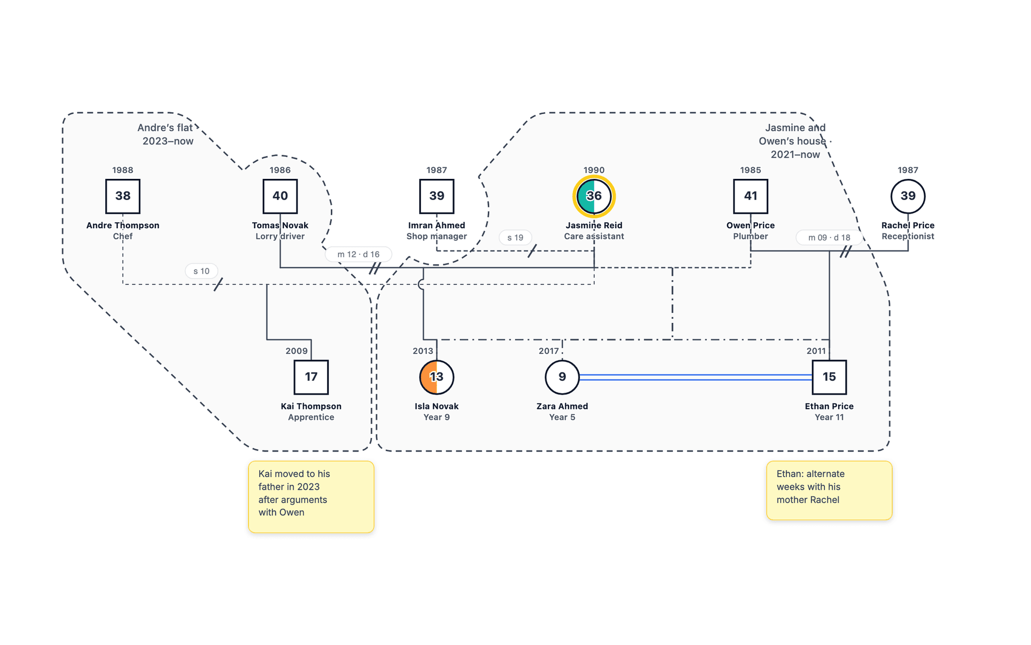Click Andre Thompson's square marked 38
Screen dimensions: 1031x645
123,196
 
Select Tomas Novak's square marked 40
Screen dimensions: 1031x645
280,196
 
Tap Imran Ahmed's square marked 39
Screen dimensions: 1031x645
436,196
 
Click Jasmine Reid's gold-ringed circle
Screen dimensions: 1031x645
594,196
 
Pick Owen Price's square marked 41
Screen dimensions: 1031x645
751,196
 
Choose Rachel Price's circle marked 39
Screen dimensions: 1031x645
908,196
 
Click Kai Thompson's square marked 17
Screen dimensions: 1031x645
311,377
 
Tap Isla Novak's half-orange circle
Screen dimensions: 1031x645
436,377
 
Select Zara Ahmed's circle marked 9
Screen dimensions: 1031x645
562,377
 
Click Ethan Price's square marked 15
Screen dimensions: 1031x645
829,377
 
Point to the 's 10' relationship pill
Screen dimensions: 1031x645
201,271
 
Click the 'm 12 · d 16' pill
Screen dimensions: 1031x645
358,254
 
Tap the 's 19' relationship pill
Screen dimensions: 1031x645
515,237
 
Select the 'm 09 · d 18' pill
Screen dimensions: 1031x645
829,237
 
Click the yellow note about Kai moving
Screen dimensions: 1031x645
311,497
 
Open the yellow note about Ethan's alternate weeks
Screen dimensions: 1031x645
829,490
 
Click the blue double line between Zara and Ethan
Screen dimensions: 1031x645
696,377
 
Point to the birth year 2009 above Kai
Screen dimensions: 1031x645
297,351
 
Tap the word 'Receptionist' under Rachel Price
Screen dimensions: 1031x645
908,236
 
